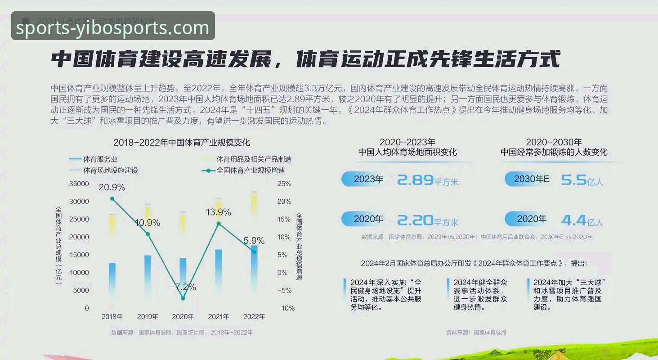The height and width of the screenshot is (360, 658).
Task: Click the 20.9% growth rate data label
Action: tap(112, 187)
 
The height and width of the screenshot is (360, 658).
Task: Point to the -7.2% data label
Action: tap(183, 287)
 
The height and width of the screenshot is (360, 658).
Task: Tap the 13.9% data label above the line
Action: tap(218, 212)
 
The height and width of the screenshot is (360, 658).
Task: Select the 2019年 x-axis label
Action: tap(148, 316)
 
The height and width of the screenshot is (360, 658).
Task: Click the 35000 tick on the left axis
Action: tap(79, 184)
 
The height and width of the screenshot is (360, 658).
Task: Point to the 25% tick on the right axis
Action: tap(284, 184)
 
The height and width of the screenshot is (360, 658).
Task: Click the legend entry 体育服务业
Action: tap(100, 159)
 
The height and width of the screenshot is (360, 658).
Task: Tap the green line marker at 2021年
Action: tap(219, 224)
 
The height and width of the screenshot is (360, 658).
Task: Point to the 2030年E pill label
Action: tap(531, 179)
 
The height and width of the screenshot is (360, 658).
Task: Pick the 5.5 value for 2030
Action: tap(573, 180)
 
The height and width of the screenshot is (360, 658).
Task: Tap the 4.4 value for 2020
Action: tap(573, 220)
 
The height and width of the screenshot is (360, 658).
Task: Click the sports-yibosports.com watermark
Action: tap(113, 27)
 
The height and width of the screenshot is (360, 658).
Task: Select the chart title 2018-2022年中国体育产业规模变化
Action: tap(182, 143)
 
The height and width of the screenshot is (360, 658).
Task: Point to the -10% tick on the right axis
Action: tap(286, 308)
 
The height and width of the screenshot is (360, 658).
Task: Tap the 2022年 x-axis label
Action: tap(254, 316)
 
